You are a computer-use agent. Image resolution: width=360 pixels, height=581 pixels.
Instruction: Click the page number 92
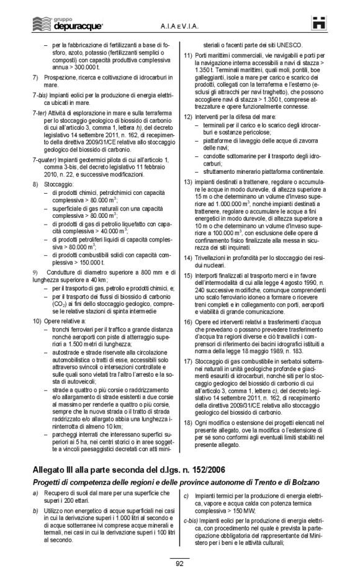point(180,563)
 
